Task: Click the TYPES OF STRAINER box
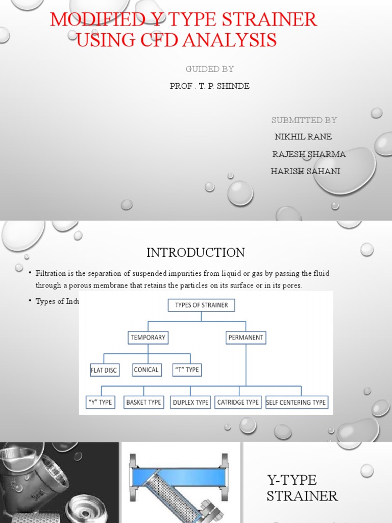(x=201, y=305)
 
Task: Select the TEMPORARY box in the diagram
(x=148, y=338)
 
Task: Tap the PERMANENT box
(x=246, y=338)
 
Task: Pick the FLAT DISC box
(x=105, y=370)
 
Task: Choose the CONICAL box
(x=146, y=370)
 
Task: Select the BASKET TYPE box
(x=143, y=402)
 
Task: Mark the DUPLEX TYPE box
(x=190, y=402)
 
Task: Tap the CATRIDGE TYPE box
(x=238, y=402)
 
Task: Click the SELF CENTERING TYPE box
(x=296, y=402)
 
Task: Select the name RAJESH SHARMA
(x=309, y=154)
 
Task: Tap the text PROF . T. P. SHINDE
(x=210, y=86)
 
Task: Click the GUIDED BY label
(x=210, y=68)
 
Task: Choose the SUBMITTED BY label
(x=304, y=120)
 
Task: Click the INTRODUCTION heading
(x=195, y=252)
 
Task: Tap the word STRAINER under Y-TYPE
(x=302, y=495)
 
